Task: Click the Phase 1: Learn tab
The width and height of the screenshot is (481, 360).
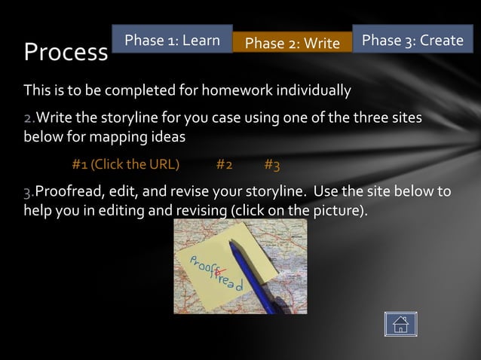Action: [172, 41]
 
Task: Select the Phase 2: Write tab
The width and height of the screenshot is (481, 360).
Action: [293, 43]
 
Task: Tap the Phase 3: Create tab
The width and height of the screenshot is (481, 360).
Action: [412, 41]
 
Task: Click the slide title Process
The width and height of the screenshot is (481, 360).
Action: [66, 52]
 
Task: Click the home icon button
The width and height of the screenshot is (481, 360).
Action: [400, 325]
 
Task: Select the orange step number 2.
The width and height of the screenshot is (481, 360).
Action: [28, 119]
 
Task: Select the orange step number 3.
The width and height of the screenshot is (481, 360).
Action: [28, 190]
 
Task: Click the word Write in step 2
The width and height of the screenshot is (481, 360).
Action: [54, 119]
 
